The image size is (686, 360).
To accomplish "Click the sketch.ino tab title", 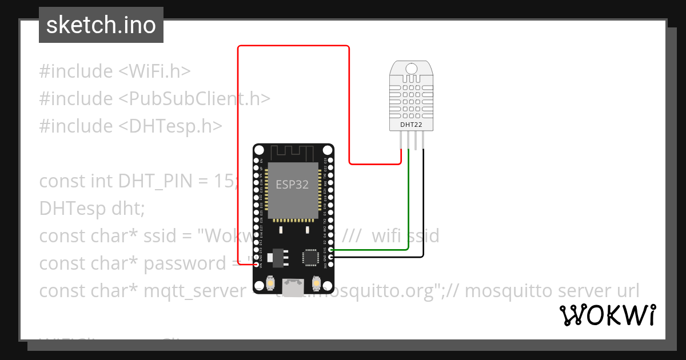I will pyautogui.click(x=101, y=25).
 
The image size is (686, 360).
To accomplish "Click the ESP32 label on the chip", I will pyautogui.click(x=293, y=185).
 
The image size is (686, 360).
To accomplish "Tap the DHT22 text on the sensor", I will pyautogui.click(x=411, y=124).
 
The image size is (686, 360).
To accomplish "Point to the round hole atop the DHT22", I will pyautogui.click(x=411, y=69).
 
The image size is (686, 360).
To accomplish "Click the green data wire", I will pyautogui.click(x=408, y=206).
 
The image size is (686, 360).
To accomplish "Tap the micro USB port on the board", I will pyautogui.click(x=294, y=286).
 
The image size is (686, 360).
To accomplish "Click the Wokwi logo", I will pyautogui.click(x=607, y=315).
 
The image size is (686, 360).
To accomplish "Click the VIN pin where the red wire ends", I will pyautogui.click(x=257, y=265).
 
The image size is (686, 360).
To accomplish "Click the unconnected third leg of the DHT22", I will pyautogui.click(x=416, y=142).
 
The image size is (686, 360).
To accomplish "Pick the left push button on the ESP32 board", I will pyautogui.click(x=270, y=283).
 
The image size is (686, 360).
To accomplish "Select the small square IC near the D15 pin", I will pyautogui.click(x=310, y=257).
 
